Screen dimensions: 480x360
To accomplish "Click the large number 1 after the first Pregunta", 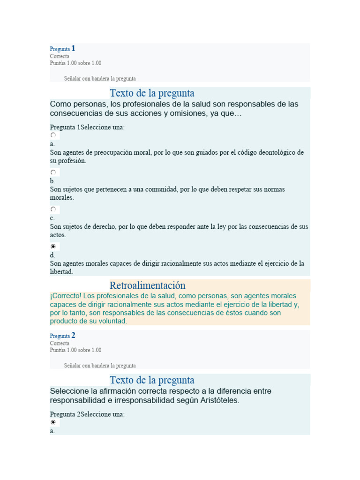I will tap(73, 48).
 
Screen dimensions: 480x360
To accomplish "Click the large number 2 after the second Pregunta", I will tap(73, 335).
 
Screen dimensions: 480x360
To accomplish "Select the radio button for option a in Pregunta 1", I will tap(53, 135).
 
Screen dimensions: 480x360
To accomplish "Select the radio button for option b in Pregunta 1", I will tap(53, 172).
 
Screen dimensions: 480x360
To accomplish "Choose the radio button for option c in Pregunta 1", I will tap(53, 209).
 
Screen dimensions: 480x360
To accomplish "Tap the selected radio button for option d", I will tap(53, 246).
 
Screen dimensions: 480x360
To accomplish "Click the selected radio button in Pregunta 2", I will tap(53, 422).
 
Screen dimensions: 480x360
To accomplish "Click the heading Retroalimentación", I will tap(147, 285).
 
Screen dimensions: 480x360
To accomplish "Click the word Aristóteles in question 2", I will tap(219, 401).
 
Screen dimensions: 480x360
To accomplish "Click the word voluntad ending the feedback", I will tap(112, 322).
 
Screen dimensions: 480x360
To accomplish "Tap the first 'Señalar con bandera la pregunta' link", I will tap(100, 79).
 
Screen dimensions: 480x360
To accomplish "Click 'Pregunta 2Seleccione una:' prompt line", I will tap(87, 414).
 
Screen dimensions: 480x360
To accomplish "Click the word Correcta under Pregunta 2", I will tap(60, 343).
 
